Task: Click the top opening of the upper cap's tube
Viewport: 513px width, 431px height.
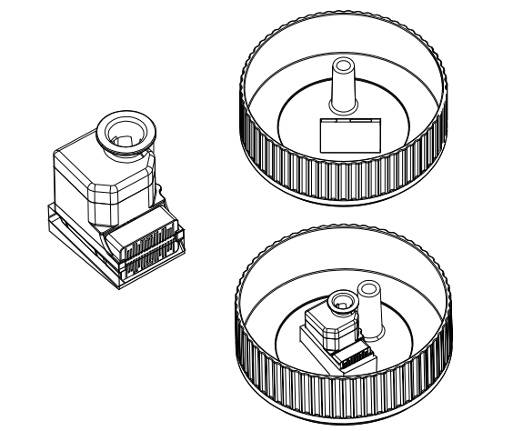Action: (x=344, y=65)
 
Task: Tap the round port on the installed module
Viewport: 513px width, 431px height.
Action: (x=344, y=299)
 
